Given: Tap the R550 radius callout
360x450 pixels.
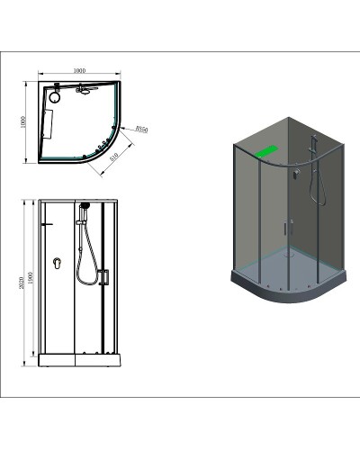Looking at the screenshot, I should click(140, 130).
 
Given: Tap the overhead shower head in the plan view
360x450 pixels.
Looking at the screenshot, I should click(87, 89).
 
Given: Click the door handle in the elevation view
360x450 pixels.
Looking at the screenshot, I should click(104, 277).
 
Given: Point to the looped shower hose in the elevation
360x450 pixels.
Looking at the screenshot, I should click(86, 261).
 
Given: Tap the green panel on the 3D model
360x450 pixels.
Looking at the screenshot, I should click(267, 154).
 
